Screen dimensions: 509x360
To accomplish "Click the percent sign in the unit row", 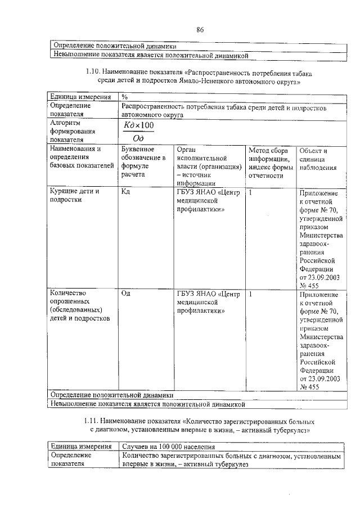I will pos(125,97).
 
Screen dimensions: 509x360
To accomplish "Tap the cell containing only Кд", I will pos(126,191).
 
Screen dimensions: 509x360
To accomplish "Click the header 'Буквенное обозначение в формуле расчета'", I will pos(143,163).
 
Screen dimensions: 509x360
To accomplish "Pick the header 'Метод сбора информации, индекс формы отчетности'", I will pos(270,163).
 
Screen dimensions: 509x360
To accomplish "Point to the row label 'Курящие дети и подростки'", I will pos(75,196).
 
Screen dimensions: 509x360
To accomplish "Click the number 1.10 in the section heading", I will pos(93,73).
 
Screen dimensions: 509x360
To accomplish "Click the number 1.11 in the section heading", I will pos(91,421).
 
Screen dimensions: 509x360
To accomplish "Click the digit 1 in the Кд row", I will pos(250,191).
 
